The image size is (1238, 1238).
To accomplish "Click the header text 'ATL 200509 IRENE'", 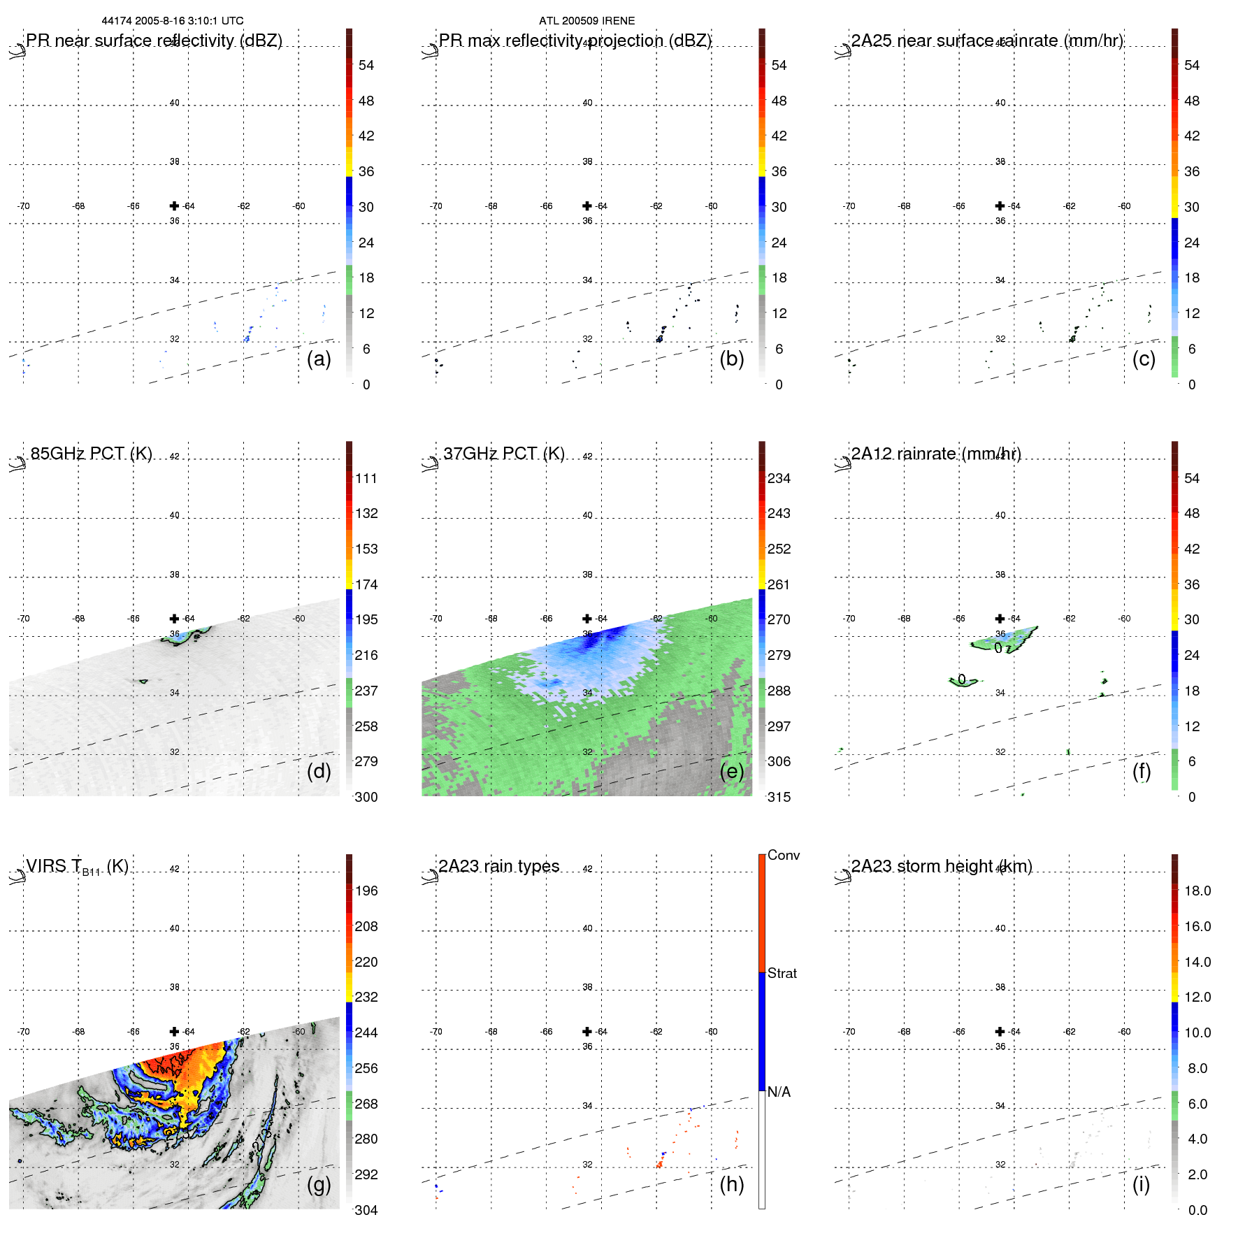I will click(x=586, y=21).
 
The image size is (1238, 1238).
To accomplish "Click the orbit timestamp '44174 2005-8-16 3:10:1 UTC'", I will click(x=173, y=21).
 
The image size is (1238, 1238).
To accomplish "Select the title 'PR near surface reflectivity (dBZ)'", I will click(x=154, y=41).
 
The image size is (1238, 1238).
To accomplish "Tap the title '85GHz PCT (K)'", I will click(x=91, y=454).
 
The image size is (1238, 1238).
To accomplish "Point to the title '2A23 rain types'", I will click(x=498, y=866).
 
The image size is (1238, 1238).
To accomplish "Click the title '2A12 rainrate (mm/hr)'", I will click(x=936, y=454).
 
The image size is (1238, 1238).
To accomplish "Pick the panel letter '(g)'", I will click(x=319, y=1184).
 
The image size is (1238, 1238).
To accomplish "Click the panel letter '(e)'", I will click(x=731, y=771).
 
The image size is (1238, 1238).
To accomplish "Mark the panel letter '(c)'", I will click(x=1144, y=359).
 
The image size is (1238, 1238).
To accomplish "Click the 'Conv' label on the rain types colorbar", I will click(x=783, y=855).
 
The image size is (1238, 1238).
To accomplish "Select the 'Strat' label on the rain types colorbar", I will click(x=782, y=973).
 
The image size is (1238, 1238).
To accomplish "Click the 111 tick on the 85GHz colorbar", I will click(x=366, y=478).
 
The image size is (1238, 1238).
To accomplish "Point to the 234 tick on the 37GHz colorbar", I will click(x=779, y=478).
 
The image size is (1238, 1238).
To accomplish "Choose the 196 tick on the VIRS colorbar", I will click(x=366, y=891).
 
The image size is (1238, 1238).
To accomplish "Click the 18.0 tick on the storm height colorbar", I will click(x=1197, y=891).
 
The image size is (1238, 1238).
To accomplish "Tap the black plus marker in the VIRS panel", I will click(x=174, y=1032).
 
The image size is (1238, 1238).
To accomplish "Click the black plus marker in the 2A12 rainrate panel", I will click(x=1000, y=619).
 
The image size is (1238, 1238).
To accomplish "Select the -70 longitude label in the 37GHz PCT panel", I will click(x=436, y=619).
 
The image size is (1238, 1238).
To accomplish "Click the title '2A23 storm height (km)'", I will click(x=941, y=866).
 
